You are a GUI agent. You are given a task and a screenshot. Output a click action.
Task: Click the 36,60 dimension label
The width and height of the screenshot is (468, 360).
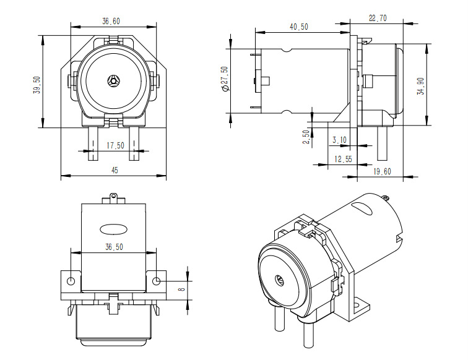(x=111, y=21)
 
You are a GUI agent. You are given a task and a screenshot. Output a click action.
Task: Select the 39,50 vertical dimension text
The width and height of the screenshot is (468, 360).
(x=37, y=85)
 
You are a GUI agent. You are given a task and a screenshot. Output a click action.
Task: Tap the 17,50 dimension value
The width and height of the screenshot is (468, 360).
(x=115, y=145)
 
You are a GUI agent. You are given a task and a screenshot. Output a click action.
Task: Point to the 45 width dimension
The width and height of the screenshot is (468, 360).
(x=115, y=171)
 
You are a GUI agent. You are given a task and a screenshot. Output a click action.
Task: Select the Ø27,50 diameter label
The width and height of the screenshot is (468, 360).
(x=224, y=79)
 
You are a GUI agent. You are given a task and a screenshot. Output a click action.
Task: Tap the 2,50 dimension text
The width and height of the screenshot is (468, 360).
(x=306, y=137)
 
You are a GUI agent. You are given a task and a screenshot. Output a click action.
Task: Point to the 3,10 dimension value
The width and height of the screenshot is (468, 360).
(x=339, y=140)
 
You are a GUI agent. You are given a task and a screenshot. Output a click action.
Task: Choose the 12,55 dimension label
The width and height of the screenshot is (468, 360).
(x=343, y=159)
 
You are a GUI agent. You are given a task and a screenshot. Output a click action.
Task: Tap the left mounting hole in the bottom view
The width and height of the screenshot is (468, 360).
(x=71, y=281)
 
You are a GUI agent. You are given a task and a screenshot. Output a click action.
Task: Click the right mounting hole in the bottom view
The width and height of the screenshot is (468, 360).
(x=156, y=281)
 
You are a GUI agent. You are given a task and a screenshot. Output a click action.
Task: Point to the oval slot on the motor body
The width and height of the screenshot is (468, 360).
(x=113, y=228)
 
